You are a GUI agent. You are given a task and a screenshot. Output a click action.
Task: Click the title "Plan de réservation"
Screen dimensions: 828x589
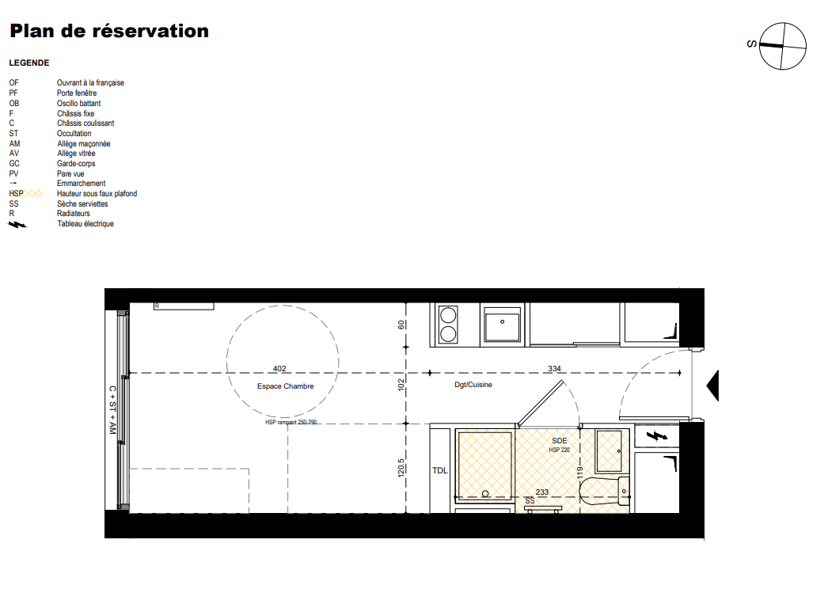pyautogui.click(x=109, y=31)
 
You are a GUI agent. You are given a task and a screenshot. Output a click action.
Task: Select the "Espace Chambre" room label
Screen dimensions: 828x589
pyautogui.click(x=285, y=386)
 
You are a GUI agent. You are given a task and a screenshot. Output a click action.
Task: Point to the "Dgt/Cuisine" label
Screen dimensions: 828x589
pyautogui.click(x=473, y=385)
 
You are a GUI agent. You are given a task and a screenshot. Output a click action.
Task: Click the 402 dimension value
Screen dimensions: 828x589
pyautogui.click(x=279, y=368)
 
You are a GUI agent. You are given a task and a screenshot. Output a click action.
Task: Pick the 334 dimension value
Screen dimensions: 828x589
pyautogui.click(x=554, y=368)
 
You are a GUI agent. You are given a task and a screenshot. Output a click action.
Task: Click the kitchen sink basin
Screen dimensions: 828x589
pyautogui.click(x=502, y=325)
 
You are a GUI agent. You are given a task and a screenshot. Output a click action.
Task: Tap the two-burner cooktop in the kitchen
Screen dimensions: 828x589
pyautogui.click(x=448, y=325)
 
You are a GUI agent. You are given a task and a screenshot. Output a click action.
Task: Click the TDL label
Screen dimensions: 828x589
pyautogui.click(x=440, y=471)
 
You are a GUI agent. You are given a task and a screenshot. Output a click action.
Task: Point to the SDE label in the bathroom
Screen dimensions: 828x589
pyautogui.click(x=559, y=440)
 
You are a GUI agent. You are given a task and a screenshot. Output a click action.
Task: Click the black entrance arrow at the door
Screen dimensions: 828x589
pyautogui.click(x=713, y=386)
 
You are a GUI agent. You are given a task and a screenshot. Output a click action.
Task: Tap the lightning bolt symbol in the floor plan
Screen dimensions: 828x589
pyautogui.click(x=656, y=435)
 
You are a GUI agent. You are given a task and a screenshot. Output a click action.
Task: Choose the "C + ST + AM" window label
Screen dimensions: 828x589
pyautogui.click(x=112, y=410)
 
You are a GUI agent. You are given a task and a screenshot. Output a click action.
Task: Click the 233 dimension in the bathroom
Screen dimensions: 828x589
pyautogui.click(x=541, y=492)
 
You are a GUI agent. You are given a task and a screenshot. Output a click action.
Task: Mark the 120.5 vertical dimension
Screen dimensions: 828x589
pyautogui.click(x=401, y=468)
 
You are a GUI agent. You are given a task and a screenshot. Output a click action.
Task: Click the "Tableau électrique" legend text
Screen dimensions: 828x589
pyautogui.click(x=85, y=224)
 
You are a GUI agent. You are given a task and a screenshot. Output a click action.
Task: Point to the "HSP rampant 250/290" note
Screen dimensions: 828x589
pyautogui.click(x=291, y=422)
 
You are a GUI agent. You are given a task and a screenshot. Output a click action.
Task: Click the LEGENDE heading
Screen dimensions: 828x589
pyautogui.click(x=29, y=63)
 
